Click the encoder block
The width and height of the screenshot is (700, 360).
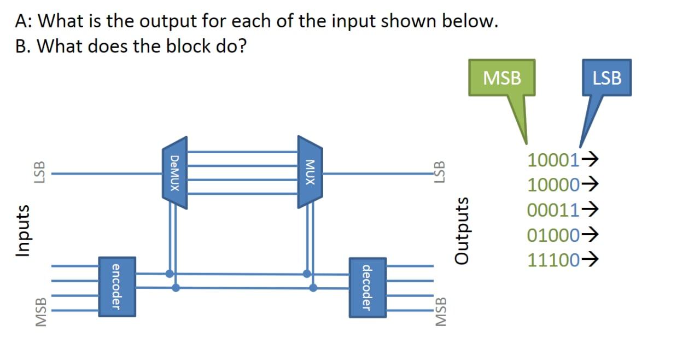117,287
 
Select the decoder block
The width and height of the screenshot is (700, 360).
368,287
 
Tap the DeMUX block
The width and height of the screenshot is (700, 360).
175,173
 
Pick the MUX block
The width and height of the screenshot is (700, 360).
310,172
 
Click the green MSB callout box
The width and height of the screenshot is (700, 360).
502,78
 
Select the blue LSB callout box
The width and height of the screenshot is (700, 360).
606,78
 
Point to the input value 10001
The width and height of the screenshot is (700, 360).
553,160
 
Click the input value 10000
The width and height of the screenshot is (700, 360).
553,185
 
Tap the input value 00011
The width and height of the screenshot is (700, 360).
553,210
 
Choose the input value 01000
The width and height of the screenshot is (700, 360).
553,235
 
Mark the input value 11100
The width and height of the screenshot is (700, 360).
553,260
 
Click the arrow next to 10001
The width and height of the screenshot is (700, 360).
590,159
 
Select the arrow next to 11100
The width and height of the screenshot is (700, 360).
590,259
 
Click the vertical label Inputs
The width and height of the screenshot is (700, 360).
22,231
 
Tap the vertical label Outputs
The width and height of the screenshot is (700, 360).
462,231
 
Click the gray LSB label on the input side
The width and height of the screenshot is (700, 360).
39,172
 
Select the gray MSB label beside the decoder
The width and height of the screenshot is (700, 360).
441,311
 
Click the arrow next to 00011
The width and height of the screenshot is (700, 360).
590,209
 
